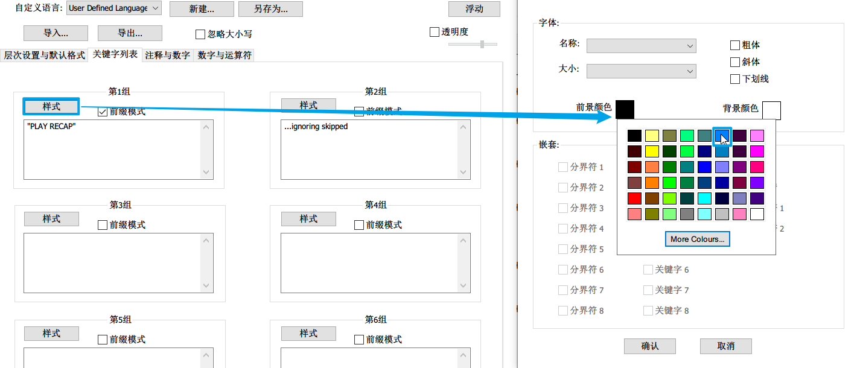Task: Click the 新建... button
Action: (x=201, y=9)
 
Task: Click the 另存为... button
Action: (x=270, y=9)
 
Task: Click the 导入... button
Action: (x=56, y=33)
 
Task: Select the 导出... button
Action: (x=130, y=33)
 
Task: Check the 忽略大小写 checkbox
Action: (x=201, y=34)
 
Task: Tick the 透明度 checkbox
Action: (x=435, y=32)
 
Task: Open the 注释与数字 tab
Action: (x=167, y=56)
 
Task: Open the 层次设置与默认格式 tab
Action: (x=44, y=56)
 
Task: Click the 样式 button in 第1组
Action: (x=51, y=106)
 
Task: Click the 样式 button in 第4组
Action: (x=308, y=219)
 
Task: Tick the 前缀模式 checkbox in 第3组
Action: (x=103, y=225)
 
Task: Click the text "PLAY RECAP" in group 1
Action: (x=52, y=127)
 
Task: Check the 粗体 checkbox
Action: (x=735, y=45)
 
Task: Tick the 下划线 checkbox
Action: (x=735, y=79)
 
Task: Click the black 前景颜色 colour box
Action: (x=625, y=109)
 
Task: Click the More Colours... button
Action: (x=697, y=240)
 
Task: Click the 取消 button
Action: (x=725, y=346)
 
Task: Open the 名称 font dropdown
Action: (x=641, y=46)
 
